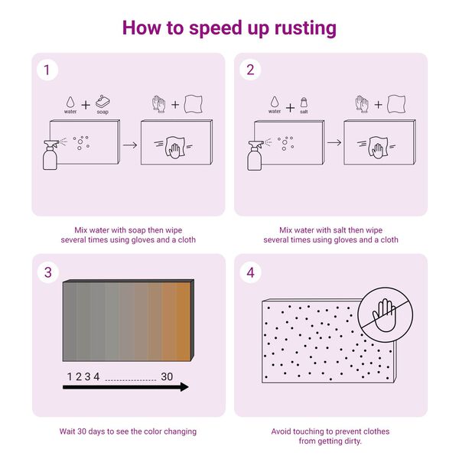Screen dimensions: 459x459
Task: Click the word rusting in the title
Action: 305,28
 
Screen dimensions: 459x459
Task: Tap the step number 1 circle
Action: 47,70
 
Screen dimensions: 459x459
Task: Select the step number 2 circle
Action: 250,70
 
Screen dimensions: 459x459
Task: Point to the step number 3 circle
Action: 48,272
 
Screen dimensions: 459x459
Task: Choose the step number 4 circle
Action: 250,272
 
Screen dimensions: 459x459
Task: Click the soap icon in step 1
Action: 103,101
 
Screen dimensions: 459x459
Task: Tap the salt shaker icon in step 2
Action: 304,103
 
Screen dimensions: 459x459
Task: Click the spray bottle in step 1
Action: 50,155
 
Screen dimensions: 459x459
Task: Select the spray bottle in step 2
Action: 255,155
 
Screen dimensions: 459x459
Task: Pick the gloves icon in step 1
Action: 158,104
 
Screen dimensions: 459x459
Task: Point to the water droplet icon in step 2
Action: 275,102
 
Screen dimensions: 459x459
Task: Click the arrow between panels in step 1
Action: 130,145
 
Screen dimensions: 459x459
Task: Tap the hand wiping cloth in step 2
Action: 378,148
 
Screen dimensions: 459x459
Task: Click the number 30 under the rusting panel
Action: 167,376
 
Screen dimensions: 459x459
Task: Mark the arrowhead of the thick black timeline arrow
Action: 184,387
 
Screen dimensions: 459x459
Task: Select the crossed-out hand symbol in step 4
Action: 386,315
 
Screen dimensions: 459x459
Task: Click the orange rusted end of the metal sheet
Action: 178,321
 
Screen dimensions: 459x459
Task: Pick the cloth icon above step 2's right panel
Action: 396,104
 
